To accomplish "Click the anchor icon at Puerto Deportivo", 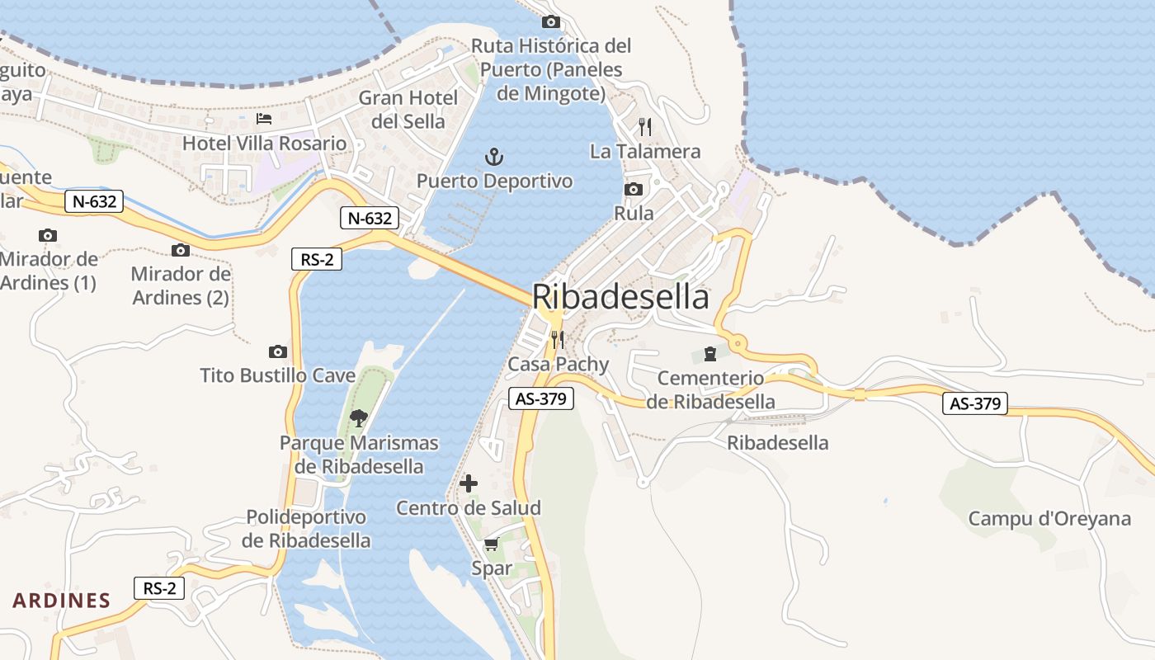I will pos(493,156).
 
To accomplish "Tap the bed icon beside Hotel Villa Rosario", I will pos(264,119).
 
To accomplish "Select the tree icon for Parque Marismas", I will pos(358,417).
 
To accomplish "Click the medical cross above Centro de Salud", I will pos(469,483).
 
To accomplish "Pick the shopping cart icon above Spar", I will pos(492,544).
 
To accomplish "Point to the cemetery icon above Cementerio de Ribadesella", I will pos(709,354).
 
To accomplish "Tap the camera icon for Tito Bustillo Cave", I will pos(278,351).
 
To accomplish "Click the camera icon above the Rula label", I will pos(634,189).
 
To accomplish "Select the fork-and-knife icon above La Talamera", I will pos(645,126).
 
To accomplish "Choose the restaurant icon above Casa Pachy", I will pos(558,339).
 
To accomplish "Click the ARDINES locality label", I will pos(62,600).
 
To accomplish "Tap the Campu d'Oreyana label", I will pos(1049,519).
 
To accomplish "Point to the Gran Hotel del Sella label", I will pos(408,110).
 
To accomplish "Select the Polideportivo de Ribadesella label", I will pos(306,529).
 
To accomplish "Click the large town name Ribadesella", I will pos(620,297).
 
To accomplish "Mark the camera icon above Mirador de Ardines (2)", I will pos(181,250).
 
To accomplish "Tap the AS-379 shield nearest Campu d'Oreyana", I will pos(975,403).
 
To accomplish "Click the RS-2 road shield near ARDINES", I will pos(159,588).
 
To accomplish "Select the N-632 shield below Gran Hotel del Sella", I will pos(370,218).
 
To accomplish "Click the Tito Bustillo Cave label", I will pos(278,375).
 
